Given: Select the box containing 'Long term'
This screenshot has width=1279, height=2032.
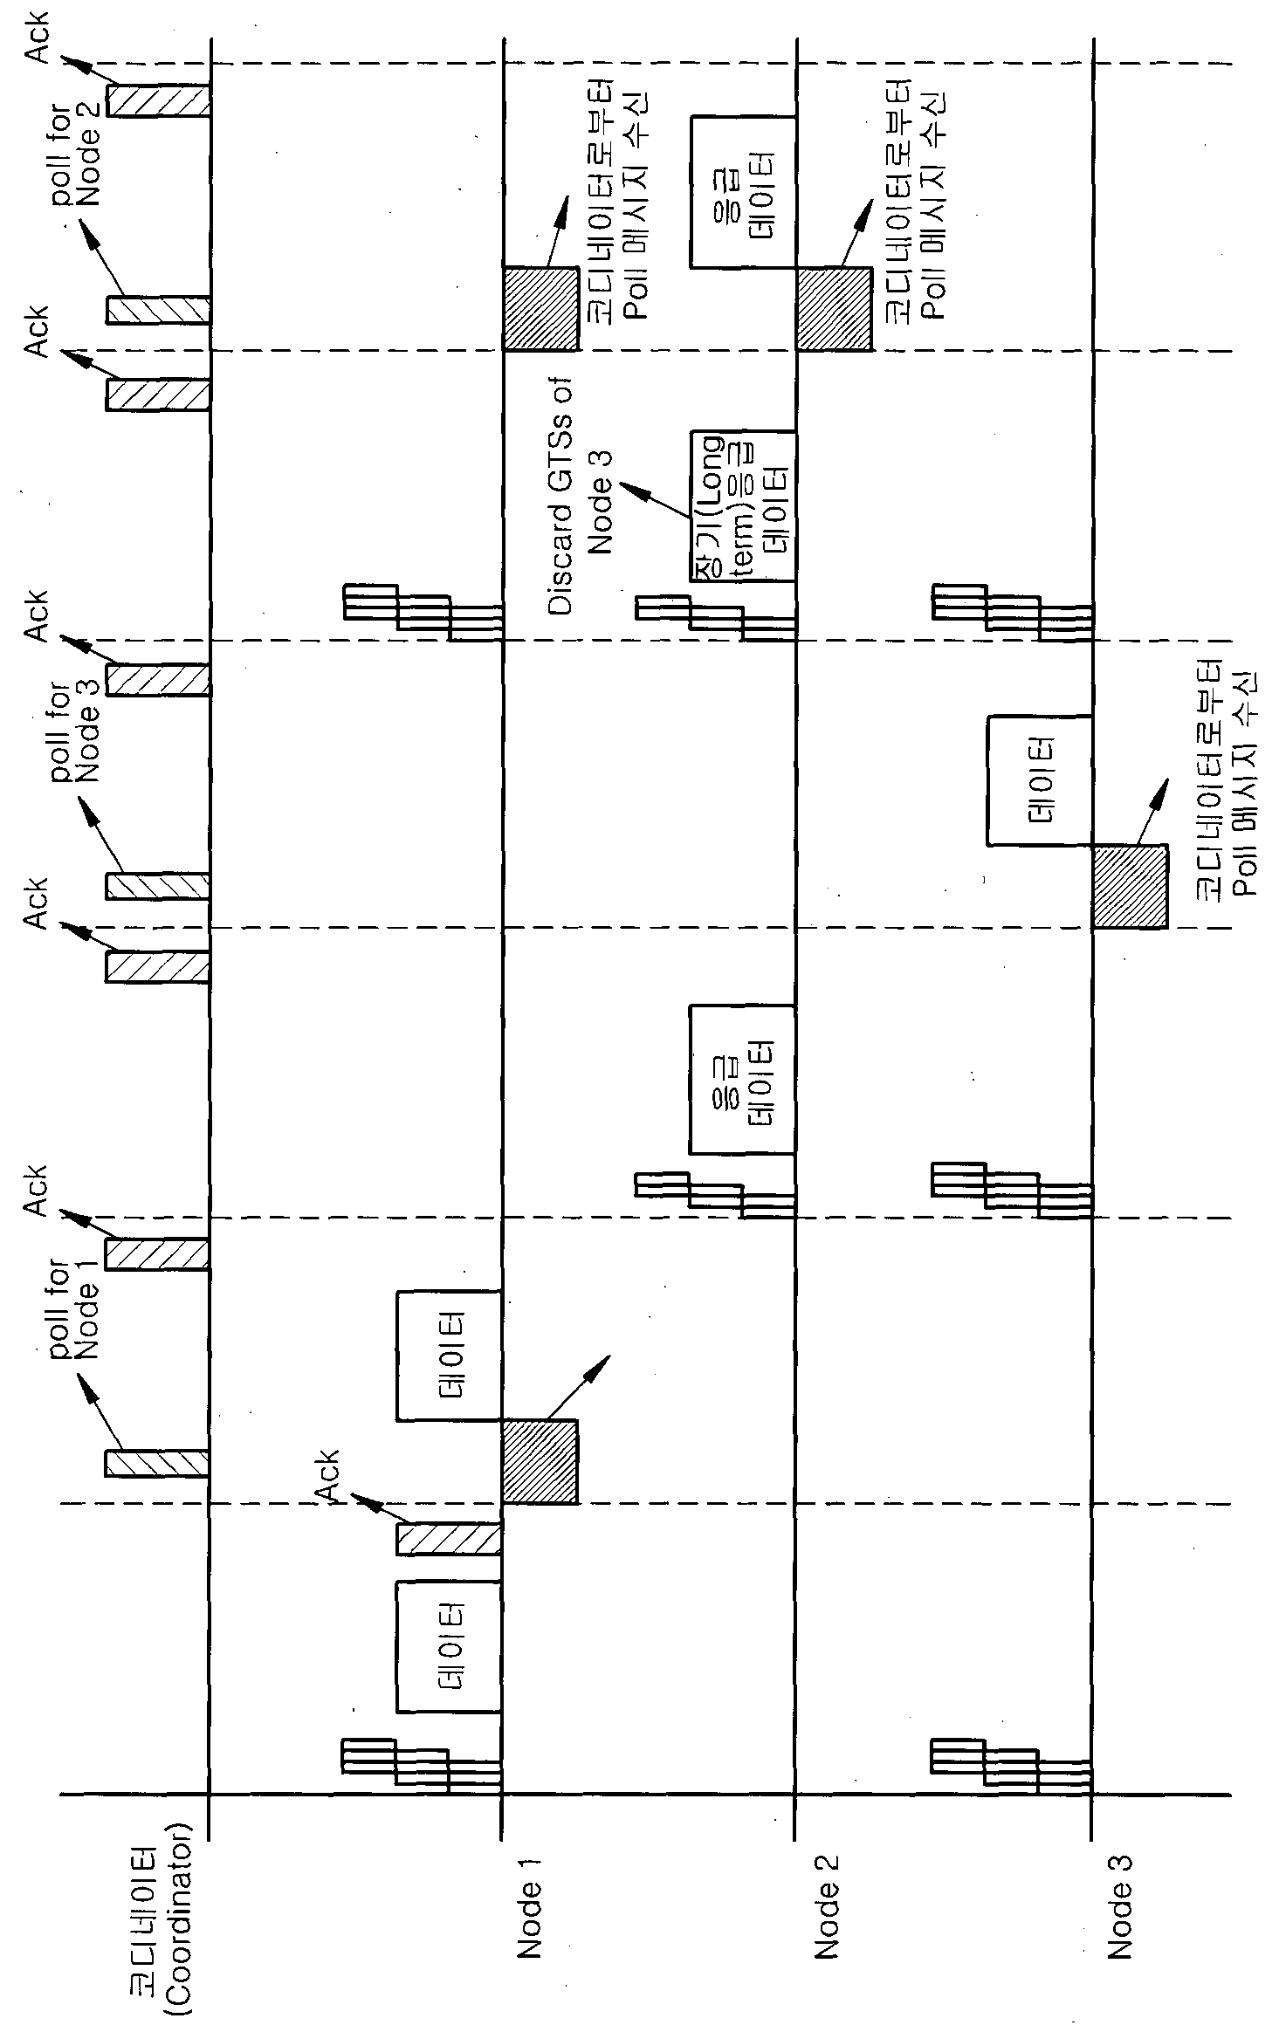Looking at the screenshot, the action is [742, 505].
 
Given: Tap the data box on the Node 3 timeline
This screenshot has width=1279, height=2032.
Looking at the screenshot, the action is [1039, 780].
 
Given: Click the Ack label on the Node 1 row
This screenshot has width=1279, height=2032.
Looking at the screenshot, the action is [327, 1475].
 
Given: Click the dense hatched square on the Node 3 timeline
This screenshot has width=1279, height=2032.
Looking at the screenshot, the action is [1130, 886].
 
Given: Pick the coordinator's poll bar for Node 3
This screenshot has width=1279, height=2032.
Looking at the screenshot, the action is [157, 886].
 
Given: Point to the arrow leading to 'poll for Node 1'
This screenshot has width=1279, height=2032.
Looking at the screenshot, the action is [99, 1412].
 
